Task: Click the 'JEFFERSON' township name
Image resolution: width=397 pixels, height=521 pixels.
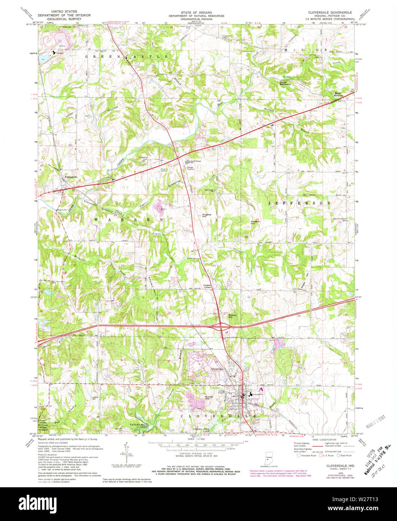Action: (299, 203)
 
